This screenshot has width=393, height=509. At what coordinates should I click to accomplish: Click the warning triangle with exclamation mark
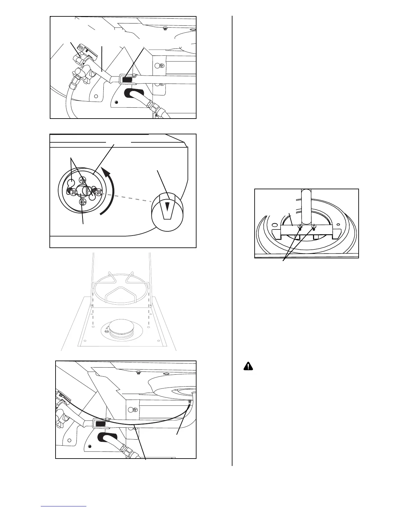click(x=248, y=366)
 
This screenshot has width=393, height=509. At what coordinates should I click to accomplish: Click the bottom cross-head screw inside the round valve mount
click(x=83, y=202)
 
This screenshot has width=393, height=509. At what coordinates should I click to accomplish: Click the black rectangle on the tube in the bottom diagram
click(x=100, y=424)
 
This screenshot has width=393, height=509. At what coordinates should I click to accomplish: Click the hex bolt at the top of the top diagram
click(x=165, y=28)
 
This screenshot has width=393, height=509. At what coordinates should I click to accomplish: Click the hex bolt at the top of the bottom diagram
click(x=138, y=373)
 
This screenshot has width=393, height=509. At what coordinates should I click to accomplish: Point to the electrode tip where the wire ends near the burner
click(x=189, y=402)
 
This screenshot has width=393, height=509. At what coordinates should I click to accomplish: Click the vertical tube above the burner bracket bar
click(x=306, y=206)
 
